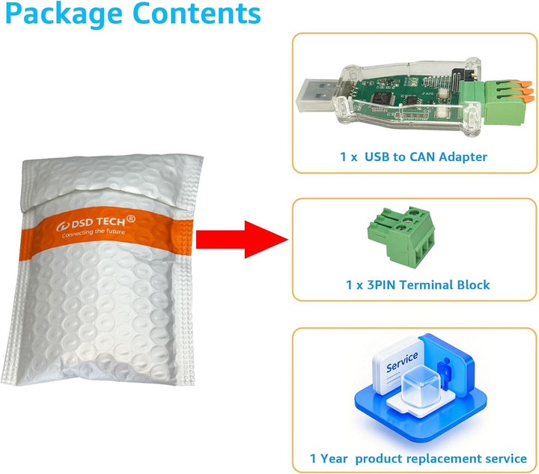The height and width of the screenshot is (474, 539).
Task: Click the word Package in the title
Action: tap(64, 14)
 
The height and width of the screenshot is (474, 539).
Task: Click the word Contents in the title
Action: tap(197, 13)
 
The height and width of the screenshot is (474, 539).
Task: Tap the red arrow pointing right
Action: tap(242, 240)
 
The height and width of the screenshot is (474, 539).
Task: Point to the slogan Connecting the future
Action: tap(93, 232)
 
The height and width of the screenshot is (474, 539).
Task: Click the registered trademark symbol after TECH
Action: tap(131, 219)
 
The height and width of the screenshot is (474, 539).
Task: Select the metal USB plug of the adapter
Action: tap(316, 95)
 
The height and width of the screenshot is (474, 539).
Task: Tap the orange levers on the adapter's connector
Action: tap(523, 91)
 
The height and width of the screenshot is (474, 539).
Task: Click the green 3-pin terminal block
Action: tap(401, 237)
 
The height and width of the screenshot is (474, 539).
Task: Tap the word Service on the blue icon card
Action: tap(402, 362)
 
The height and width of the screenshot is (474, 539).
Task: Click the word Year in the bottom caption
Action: tap(333, 458)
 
